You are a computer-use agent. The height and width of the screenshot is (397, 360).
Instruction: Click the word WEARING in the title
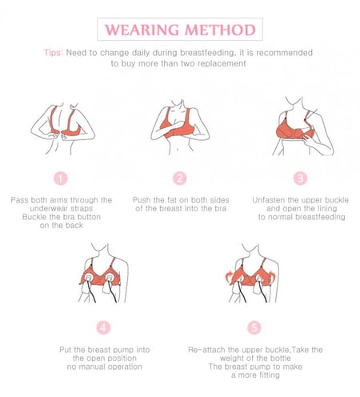click(x=146, y=30)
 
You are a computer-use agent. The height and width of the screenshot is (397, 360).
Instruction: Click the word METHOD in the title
click(x=218, y=30)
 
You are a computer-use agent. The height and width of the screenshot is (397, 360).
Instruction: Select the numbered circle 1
click(x=62, y=178)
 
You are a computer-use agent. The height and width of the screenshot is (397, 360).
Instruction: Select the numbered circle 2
click(x=180, y=178)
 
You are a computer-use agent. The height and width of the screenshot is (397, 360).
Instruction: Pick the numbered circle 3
click(x=300, y=178)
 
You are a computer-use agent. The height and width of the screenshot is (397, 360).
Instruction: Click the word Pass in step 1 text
click(x=21, y=199)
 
